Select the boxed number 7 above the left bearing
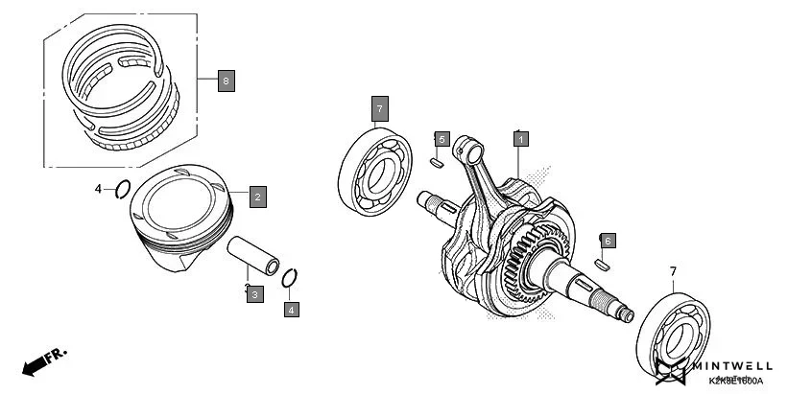379,109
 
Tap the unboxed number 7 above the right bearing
672,271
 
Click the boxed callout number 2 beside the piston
256,197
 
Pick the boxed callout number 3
254,294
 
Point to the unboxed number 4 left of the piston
98,190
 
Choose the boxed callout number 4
291,309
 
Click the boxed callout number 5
442,140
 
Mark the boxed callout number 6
607,240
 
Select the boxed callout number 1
520,139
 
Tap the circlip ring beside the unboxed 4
122,190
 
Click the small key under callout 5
438,163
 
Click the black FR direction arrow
35,363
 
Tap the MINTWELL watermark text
733,364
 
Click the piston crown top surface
182,202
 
